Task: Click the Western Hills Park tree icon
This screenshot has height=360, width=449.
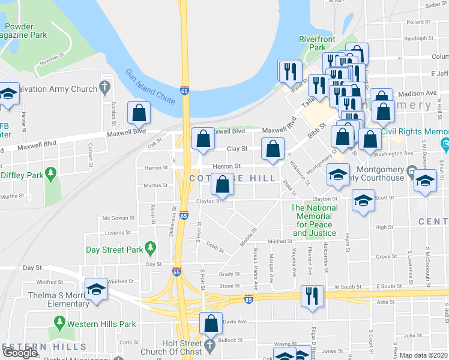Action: click(x=59, y=323)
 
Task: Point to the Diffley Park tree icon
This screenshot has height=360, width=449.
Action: click(x=51, y=175)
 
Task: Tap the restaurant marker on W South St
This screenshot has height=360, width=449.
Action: click(x=312, y=296)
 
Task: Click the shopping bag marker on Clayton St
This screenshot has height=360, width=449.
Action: click(x=223, y=185)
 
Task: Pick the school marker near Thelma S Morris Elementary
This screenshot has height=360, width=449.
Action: click(x=95, y=290)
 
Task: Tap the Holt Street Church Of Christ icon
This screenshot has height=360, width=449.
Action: click(x=209, y=346)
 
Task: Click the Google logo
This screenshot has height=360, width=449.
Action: click(x=20, y=353)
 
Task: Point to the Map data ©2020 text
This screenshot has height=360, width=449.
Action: click(x=424, y=355)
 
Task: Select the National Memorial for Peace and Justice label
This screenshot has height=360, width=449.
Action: click(x=314, y=220)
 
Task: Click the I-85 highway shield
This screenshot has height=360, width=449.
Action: click(x=249, y=298)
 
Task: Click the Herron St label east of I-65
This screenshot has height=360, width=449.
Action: click(x=229, y=166)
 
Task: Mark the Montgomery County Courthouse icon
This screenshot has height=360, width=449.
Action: click(x=412, y=170)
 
